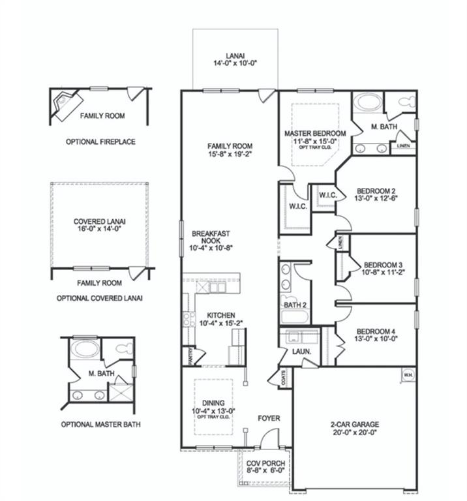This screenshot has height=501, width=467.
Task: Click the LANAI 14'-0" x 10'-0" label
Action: click(x=234, y=59)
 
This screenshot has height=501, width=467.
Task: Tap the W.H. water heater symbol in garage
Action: click(x=408, y=375)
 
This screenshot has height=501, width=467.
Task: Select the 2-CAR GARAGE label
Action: click(x=355, y=428)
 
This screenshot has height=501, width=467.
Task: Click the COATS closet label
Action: click(x=282, y=378)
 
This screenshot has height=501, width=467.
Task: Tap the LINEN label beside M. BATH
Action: click(x=403, y=146)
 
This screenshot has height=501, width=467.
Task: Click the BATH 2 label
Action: click(x=295, y=304)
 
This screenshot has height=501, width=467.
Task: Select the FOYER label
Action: click(x=269, y=417)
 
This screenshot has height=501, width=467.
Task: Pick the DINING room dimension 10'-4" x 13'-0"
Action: click(x=213, y=411)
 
